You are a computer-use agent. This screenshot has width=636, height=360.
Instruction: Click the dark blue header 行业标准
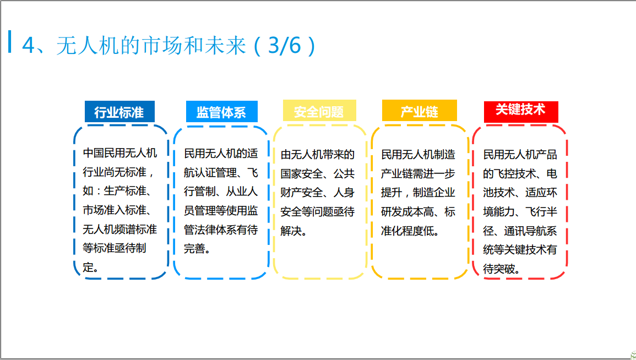[x=119, y=112]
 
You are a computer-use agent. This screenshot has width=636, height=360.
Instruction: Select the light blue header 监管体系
[x=222, y=112]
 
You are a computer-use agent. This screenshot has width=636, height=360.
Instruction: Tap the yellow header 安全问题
[x=319, y=111]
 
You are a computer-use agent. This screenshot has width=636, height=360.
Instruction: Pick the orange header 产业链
[x=420, y=111]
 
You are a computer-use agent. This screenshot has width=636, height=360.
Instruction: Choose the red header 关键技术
[x=521, y=112]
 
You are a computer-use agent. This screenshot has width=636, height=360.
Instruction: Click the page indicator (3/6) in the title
[x=285, y=45]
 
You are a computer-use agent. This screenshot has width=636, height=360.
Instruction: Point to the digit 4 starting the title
[x=29, y=45]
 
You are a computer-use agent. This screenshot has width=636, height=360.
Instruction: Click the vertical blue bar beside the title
[x=10, y=41]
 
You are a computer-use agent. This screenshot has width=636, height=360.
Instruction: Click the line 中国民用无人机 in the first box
[x=119, y=153]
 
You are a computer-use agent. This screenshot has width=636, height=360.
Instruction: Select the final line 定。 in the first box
[x=90, y=267]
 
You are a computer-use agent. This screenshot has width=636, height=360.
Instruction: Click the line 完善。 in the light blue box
[x=197, y=248]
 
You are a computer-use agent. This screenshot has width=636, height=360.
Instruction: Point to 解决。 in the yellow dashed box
[x=293, y=231]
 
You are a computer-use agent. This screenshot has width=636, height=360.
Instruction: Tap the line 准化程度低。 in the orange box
[x=410, y=231]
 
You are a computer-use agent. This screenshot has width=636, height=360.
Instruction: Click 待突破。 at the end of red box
[x=501, y=269]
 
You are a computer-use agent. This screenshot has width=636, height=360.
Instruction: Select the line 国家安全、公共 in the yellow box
[x=318, y=173]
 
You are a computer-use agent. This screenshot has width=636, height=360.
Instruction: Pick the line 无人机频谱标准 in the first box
[x=119, y=229]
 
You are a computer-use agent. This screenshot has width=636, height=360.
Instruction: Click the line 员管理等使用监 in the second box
[x=221, y=210]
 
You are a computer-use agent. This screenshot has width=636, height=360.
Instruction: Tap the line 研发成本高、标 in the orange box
[x=418, y=211]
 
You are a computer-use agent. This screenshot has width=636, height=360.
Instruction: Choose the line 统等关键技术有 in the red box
[x=520, y=249]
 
